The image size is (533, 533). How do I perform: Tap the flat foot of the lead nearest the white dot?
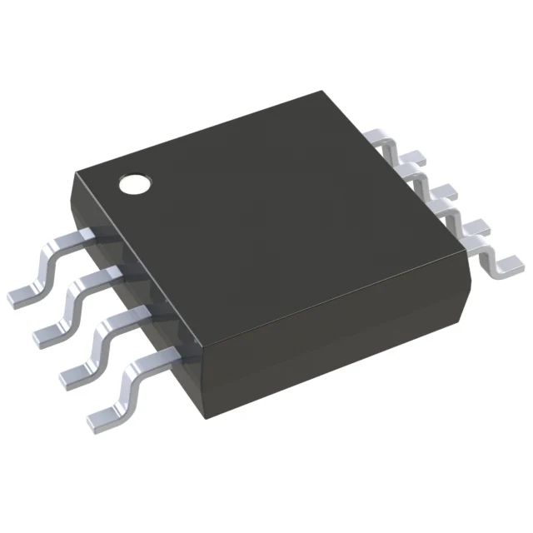click(22, 293)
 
